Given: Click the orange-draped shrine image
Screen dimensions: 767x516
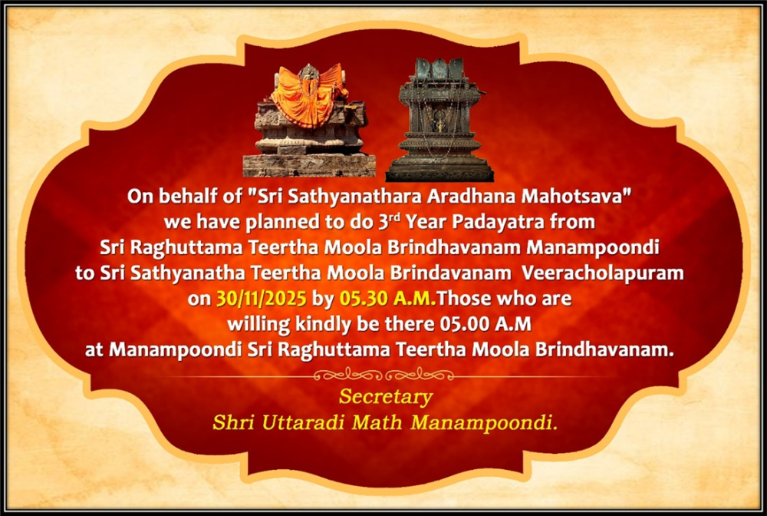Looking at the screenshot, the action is pyautogui.click(x=309, y=121).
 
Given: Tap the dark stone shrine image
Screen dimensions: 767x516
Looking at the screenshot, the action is pyautogui.click(x=439, y=120).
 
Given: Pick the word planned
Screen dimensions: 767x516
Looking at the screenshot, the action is pyautogui.click(x=281, y=223).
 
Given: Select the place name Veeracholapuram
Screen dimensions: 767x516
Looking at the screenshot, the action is pyautogui.click(x=603, y=273).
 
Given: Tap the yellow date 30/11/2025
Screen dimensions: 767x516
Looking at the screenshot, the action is pyautogui.click(x=262, y=299).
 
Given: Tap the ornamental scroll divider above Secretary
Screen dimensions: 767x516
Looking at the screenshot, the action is pyautogui.click(x=383, y=375).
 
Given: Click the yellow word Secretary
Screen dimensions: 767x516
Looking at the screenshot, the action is pyautogui.click(x=386, y=397).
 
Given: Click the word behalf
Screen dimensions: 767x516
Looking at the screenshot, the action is pyautogui.click(x=184, y=197).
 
